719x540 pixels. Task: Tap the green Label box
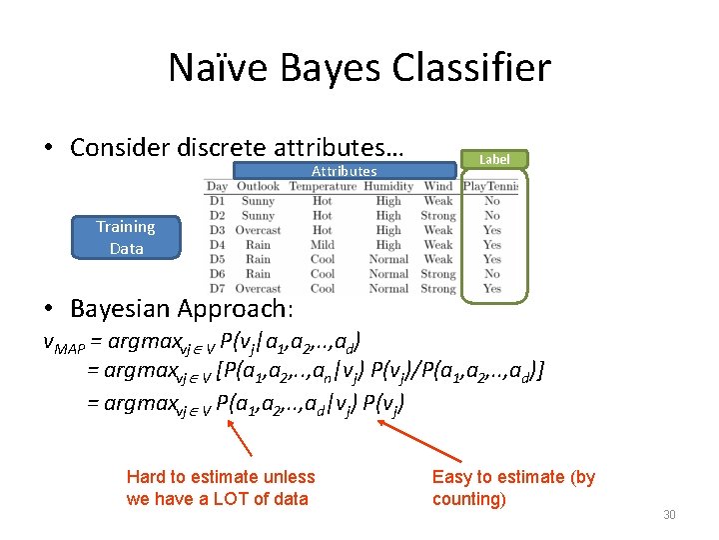click(x=493, y=159)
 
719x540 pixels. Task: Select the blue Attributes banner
click(x=344, y=171)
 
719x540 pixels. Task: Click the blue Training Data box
click(x=126, y=238)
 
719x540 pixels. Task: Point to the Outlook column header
click(x=258, y=186)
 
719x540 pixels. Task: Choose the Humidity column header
click(x=388, y=186)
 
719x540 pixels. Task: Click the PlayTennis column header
click(x=490, y=186)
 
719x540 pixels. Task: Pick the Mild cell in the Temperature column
click(x=322, y=245)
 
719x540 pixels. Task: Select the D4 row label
click(x=217, y=245)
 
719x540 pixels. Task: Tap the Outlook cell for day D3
click(x=258, y=230)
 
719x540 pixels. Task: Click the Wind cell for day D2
click(x=437, y=215)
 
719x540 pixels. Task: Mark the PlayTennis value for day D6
click(x=492, y=274)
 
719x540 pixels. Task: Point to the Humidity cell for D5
click(x=388, y=259)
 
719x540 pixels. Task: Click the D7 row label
click(x=217, y=289)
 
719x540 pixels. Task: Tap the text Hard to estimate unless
click(x=220, y=477)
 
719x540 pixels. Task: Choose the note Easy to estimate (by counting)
click(x=512, y=488)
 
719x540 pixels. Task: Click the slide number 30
click(x=669, y=515)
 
